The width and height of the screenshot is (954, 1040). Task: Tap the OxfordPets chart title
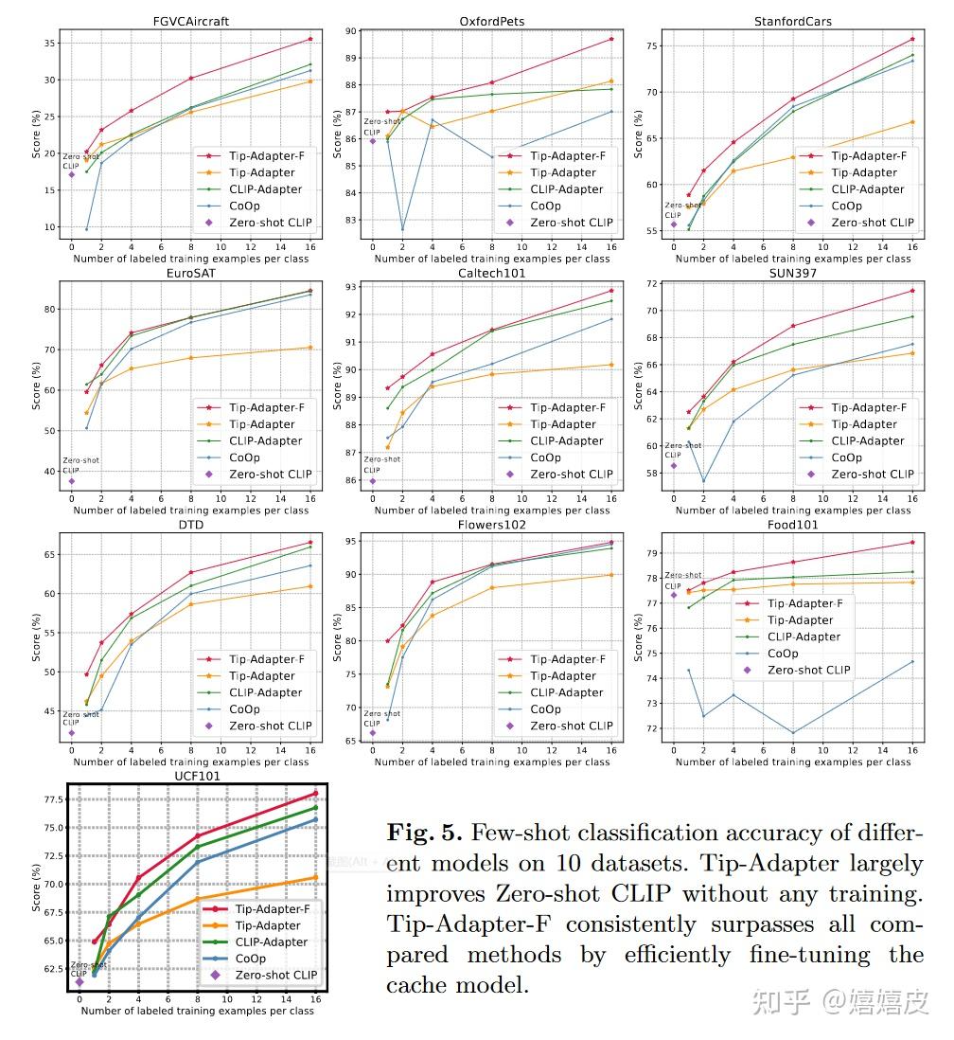coord(491,21)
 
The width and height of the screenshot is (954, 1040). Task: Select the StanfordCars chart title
coord(793,21)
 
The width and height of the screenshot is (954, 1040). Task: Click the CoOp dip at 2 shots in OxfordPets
coord(402,229)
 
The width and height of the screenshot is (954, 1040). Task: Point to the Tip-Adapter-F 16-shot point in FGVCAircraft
coord(310,39)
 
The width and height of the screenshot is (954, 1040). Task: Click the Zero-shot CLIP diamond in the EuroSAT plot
coord(71,481)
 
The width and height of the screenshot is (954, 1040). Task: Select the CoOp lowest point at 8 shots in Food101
coord(793,732)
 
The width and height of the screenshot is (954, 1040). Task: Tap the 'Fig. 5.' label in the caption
coord(425,833)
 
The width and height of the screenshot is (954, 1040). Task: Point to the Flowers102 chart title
coord(491,525)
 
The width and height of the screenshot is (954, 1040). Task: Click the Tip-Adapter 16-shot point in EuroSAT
coord(310,348)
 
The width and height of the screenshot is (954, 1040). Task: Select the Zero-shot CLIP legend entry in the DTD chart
coord(271,726)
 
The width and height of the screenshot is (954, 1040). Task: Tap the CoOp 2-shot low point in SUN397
coord(703,481)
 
